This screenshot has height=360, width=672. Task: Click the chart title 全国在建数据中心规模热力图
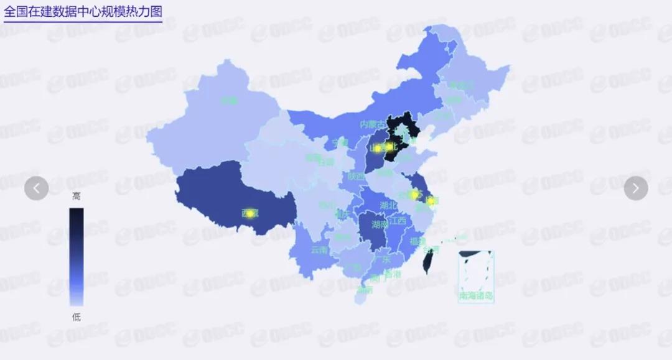pos(82,12)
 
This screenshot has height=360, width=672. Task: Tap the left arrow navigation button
pos(37,188)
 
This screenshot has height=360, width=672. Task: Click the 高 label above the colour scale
pos(76,196)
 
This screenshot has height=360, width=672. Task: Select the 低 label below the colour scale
pos(76,317)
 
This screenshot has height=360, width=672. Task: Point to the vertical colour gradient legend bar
pos(76,256)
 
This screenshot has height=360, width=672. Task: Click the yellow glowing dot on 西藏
pos(250,213)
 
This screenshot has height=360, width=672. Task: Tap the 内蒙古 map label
pos(373,124)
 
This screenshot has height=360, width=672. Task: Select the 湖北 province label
pos(388,205)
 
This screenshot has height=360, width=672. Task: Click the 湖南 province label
pos(380,224)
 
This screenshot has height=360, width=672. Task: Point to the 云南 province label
pos(319,250)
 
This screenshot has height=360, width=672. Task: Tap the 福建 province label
pos(418,241)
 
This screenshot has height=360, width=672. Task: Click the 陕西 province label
pos(357,176)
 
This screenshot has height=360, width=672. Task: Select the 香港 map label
pos(393,274)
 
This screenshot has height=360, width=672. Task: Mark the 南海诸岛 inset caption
pos(476,296)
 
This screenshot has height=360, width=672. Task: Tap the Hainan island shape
pos(360,297)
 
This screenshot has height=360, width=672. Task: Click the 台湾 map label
pos(431,249)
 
